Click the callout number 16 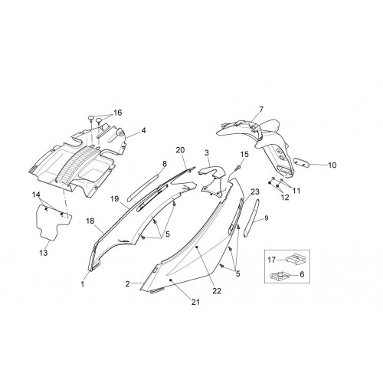point(118,113)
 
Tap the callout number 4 point(143,130)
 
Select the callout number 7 point(260,110)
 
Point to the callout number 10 point(332,165)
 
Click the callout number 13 point(44,253)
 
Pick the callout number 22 point(217,291)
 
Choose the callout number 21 point(195,302)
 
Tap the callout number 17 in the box point(272,260)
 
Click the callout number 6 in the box point(302,274)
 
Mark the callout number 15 point(244,154)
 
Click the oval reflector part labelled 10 point(302,162)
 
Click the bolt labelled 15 point(238,168)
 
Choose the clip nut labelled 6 point(280,276)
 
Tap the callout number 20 point(180,150)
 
